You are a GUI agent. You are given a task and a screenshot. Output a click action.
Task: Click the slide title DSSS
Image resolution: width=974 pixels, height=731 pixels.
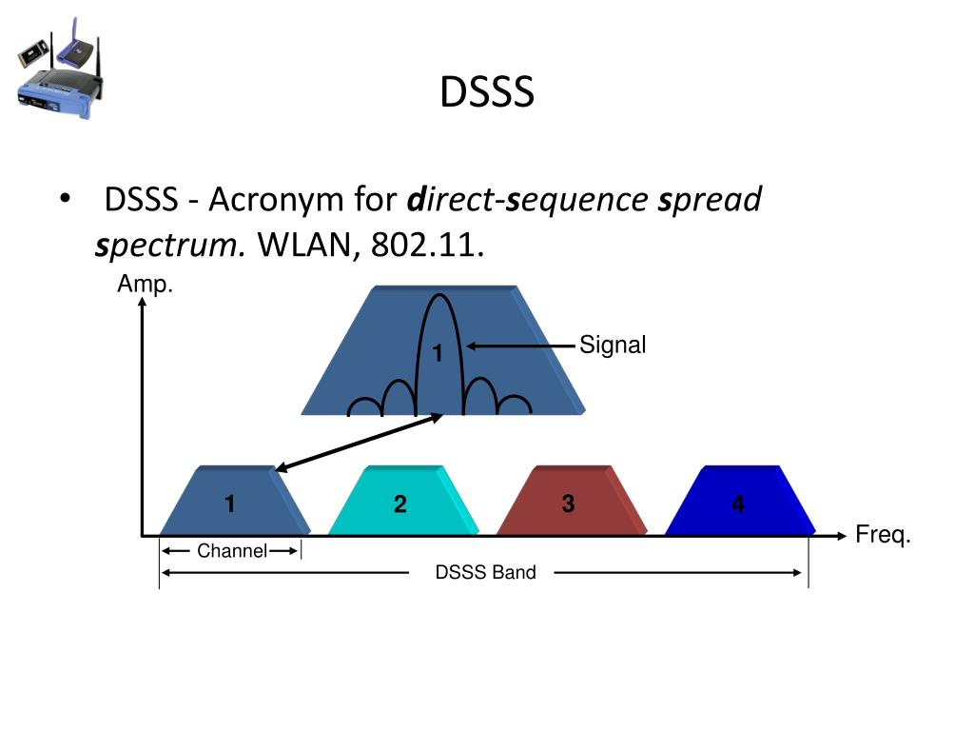click(487, 92)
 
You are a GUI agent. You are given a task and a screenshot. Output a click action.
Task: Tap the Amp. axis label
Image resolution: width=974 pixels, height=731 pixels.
click(145, 284)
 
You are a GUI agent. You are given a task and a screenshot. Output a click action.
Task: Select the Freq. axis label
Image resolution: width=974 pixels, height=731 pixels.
click(883, 535)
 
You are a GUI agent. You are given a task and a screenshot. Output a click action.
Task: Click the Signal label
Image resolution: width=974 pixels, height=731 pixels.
click(613, 345)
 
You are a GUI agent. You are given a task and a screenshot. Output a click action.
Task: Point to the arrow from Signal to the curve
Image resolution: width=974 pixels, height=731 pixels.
click(520, 346)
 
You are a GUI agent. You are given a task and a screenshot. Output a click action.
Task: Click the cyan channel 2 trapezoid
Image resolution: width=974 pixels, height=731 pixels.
click(403, 501)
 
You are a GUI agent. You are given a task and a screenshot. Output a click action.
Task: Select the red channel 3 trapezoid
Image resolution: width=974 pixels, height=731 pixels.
click(572, 501)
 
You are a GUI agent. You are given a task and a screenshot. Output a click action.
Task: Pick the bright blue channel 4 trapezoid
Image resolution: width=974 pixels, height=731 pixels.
click(740, 501)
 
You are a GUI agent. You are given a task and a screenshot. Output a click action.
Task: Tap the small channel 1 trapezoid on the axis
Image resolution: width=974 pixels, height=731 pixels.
click(235, 501)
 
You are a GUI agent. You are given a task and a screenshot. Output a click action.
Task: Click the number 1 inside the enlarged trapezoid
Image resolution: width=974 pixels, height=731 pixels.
click(438, 353)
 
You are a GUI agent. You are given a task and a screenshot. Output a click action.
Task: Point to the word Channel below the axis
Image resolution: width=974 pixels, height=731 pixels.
click(232, 551)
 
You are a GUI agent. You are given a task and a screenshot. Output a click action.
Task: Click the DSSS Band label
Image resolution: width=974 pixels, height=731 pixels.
click(485, 572)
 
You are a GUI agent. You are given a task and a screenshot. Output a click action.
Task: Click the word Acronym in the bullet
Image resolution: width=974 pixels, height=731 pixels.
click(276, 201)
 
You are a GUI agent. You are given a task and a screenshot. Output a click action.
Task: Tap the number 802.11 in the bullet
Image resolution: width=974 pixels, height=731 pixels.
click(427, 245)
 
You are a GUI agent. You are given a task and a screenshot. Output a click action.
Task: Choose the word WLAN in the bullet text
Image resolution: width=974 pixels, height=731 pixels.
click(304, 245)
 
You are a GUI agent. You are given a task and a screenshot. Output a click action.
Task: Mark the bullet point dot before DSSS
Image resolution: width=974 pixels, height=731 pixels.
click(66, 199)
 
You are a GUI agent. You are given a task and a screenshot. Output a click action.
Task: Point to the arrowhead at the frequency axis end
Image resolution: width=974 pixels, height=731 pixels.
click(841, 536)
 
